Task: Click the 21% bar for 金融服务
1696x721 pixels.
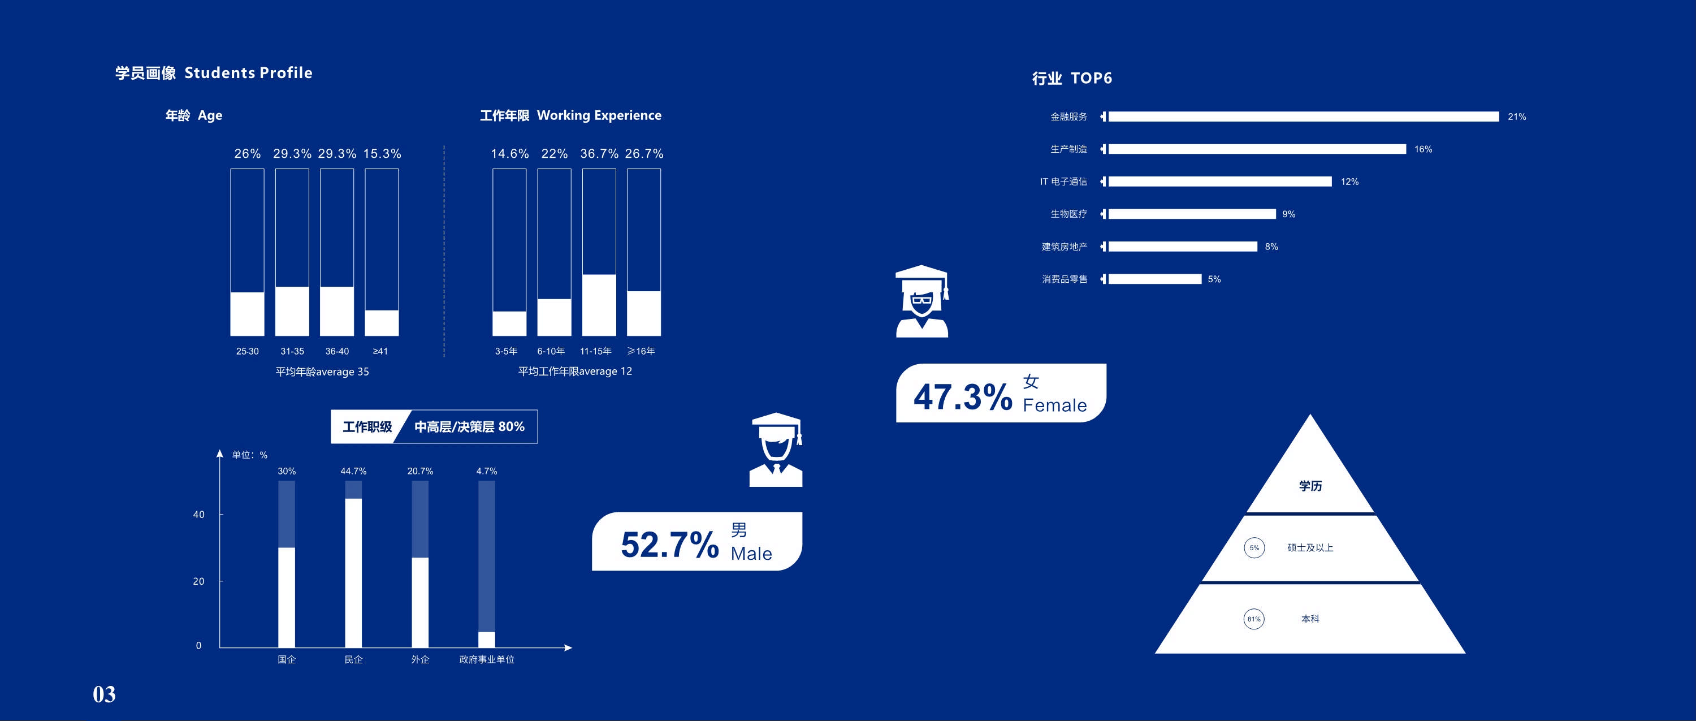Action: (1304, 116)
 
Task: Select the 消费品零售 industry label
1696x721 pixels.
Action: (1064, 279)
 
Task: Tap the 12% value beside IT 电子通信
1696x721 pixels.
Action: (1349, 182)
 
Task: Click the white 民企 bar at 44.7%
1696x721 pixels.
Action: (353, 573)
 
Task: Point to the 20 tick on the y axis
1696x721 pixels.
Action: (199, 581)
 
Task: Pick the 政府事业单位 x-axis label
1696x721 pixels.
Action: (487, 660)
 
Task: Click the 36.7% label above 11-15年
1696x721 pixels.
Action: (599, 153)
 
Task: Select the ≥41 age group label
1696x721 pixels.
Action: (380, 352)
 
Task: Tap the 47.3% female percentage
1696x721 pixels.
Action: (963, 397)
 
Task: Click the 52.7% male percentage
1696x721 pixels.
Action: (669, 545)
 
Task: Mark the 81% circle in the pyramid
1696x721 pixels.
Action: (1253, 619)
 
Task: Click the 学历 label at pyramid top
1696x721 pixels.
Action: (1310, 486)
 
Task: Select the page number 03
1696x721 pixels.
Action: (104, 694)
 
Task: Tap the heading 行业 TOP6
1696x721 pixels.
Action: (1072, 79)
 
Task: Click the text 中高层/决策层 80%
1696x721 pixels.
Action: (469, 427)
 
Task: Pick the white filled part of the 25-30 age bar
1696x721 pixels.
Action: (247, 314)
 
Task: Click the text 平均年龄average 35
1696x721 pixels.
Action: (322, 372)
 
